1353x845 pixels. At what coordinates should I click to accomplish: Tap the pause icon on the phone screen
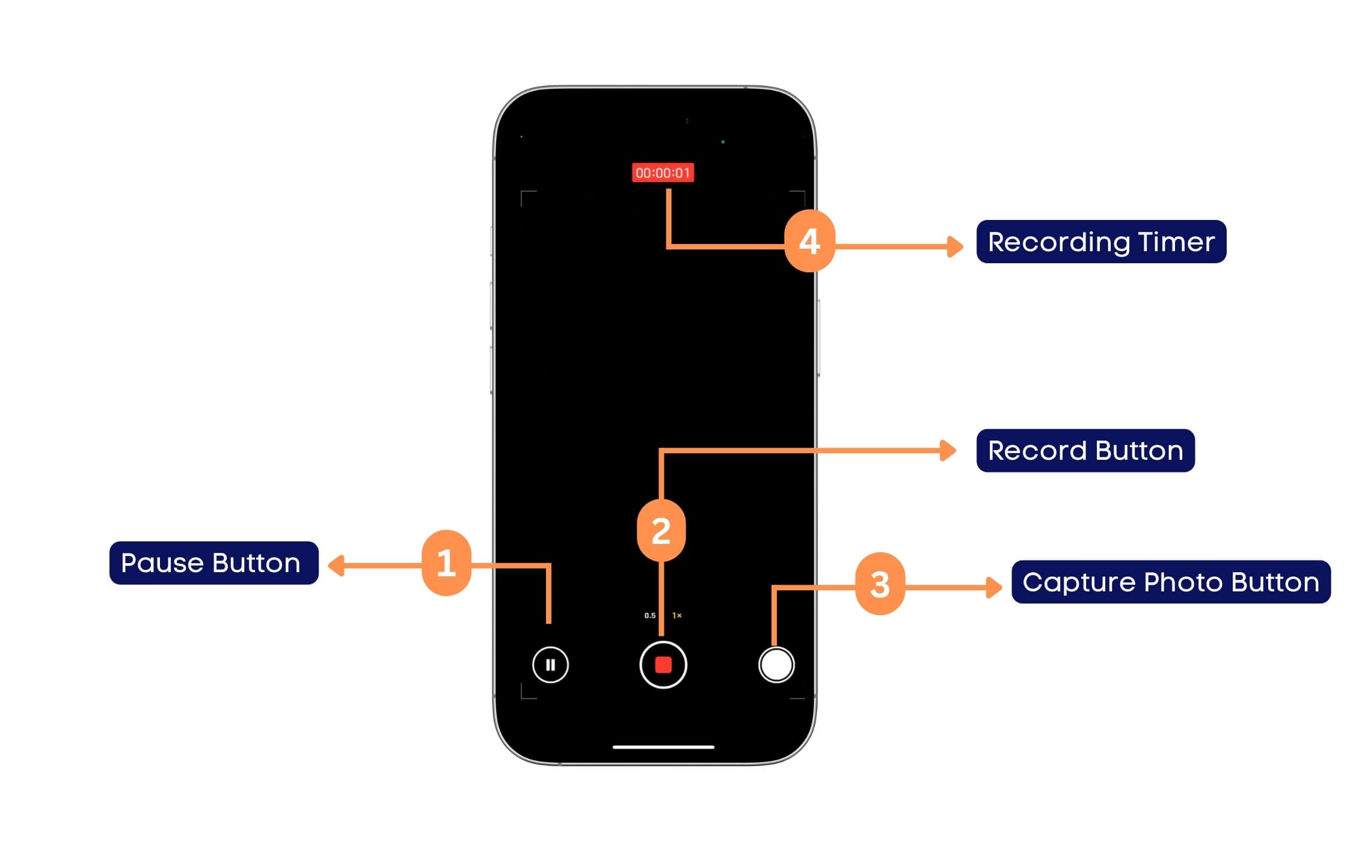tap(550, 665)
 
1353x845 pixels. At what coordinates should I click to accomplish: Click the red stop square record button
tap(663, 665)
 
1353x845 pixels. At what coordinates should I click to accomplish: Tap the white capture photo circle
tap(776, 665)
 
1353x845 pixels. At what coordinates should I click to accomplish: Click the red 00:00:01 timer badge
tap(663, 173)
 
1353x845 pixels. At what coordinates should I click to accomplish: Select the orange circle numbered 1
tap(446, 563)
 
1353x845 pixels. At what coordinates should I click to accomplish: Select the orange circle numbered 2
tap(661, 531)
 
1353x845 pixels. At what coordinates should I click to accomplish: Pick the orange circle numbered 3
tap(880, 584)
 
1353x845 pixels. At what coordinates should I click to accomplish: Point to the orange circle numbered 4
tap(809, 241)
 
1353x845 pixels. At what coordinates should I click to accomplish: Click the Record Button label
tap(1085, 451)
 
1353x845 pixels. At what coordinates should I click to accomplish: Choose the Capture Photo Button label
tap(1170, 582)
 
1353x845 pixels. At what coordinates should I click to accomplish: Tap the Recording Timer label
tap(1100, 242)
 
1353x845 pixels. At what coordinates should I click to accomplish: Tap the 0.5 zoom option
tap(649, 615)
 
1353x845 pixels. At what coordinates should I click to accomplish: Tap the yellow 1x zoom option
tap(677, 615)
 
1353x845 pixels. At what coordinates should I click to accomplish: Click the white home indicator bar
tap(663, 747)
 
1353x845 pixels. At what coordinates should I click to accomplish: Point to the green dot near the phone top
tap(723, 142)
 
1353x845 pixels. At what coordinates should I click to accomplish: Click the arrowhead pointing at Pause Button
tap(336, 566)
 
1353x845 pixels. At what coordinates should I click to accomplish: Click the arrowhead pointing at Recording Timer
tap(955, 246)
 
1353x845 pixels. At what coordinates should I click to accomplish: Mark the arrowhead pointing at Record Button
tap(948, 450)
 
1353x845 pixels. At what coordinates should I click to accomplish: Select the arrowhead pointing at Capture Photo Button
tap(994, 587)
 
